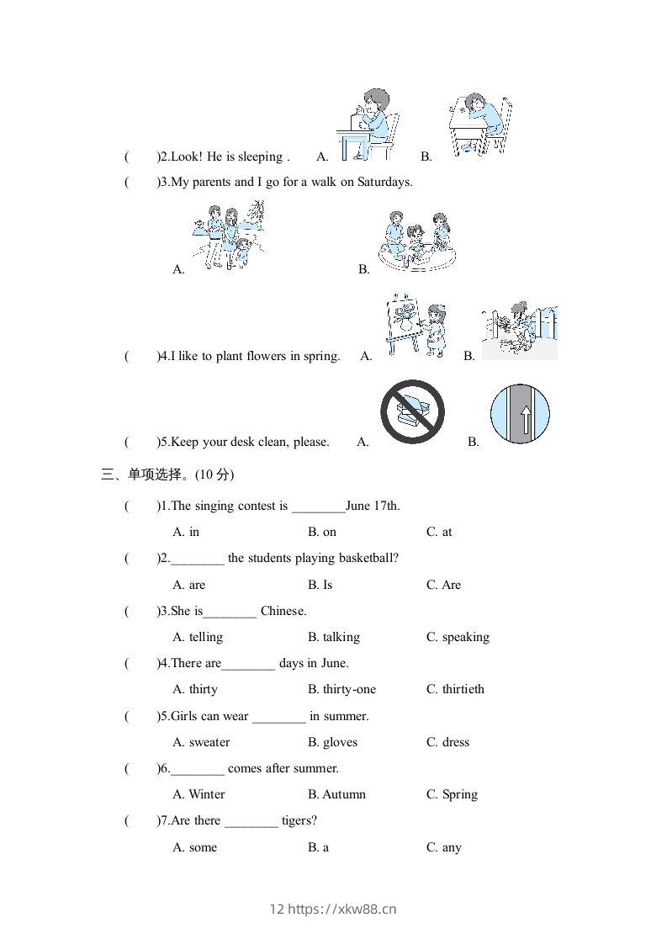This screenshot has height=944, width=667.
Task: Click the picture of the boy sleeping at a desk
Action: pos(478,125)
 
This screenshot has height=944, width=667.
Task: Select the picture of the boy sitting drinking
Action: pos(367,125)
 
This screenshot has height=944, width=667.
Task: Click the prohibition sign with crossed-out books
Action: pos(411,412)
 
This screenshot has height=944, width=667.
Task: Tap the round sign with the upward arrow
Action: pos(520,415)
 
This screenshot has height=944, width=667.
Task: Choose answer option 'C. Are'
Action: pos(443,585)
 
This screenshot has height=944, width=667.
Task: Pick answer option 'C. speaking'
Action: pos(458,637)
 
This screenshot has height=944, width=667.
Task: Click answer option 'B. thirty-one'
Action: pos(342,689)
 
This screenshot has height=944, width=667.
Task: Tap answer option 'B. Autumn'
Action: pos(336,794)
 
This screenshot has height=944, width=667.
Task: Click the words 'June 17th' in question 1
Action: pos(373,506)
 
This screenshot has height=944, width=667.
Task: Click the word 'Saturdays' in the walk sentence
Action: pos(384,182)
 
